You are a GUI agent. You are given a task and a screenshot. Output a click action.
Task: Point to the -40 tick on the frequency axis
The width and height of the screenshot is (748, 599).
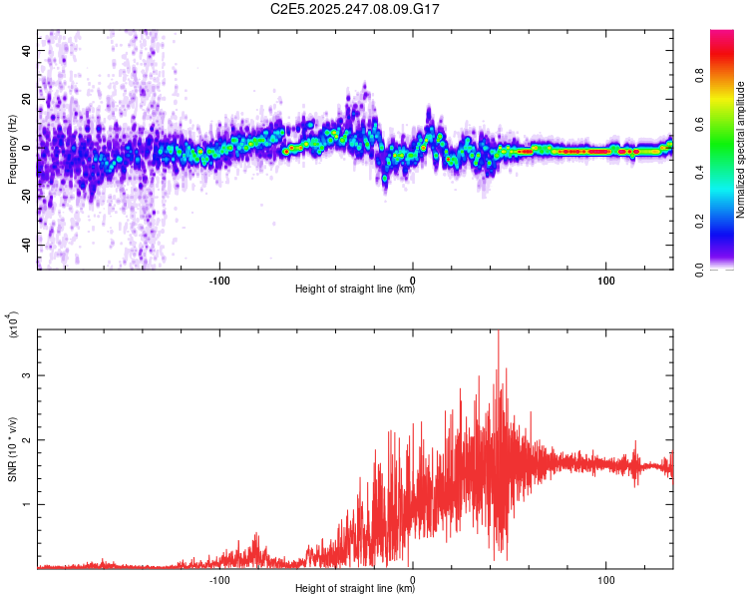click(25, 246)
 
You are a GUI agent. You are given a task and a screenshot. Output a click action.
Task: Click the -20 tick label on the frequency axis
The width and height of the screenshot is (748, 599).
click(25, 197)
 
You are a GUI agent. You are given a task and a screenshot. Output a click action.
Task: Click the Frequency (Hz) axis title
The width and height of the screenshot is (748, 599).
click(11, 150)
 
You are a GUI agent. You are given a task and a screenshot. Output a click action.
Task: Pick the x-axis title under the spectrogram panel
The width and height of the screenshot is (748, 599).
click(355, 290)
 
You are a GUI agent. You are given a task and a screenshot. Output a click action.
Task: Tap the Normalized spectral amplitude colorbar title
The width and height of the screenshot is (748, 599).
click(740, 150)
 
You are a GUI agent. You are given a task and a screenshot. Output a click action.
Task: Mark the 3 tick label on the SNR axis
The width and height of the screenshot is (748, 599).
click(29, 375)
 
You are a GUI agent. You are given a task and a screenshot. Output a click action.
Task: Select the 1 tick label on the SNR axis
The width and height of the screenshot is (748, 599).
click(29, 504)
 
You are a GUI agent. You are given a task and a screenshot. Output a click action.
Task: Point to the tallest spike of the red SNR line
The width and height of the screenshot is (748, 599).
click(498, 333)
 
